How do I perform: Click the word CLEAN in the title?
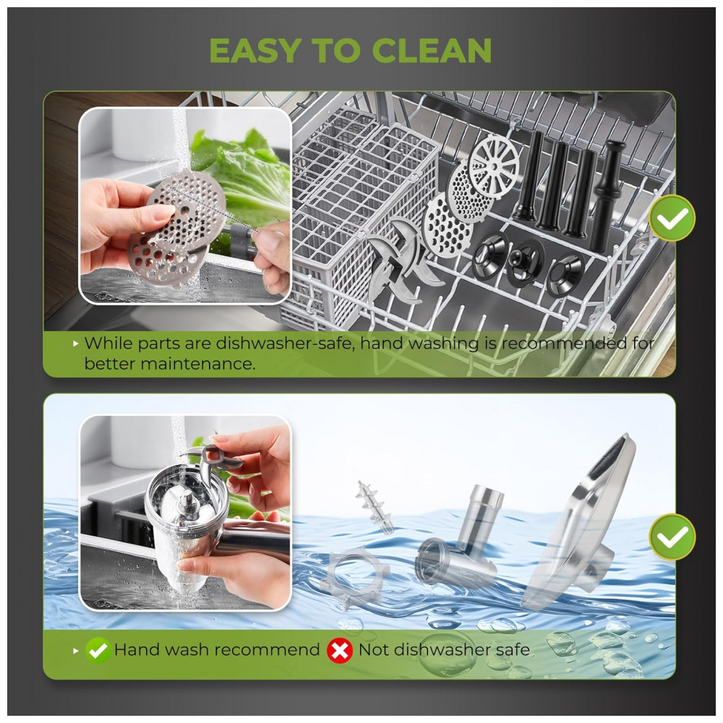click(x=432, y=51)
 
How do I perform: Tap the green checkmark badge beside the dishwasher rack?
click(x=672, y=218)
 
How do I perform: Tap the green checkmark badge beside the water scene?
click(x=672, y=536)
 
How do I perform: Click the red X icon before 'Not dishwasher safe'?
click(x=340, y=650)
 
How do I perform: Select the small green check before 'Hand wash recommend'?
click(x=98, y=650)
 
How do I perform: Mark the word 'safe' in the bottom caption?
click(x=513, y=650)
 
